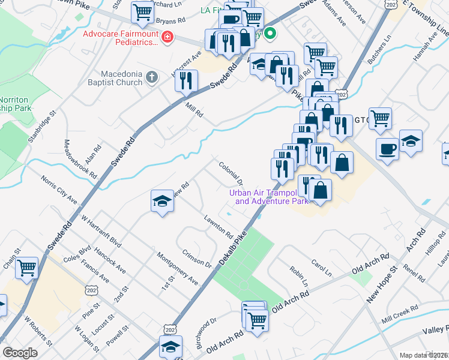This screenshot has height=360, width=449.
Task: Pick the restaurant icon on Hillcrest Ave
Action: (187, 80)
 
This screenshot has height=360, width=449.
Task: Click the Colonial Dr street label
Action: (231, 173)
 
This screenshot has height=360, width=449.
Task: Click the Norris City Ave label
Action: (59, 189)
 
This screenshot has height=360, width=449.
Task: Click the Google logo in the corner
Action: (20, 352)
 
